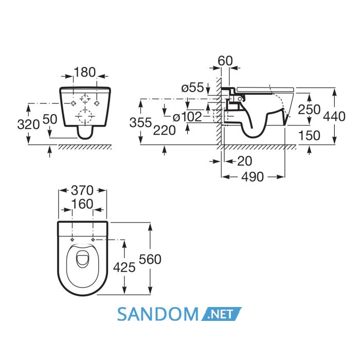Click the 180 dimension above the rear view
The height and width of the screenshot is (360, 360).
click(x=85, y=72)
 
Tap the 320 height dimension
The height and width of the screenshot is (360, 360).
click(x=28, y=125)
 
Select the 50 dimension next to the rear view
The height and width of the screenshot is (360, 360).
click(x=50, y=119)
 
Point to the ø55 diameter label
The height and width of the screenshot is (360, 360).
click(x=192, y=87)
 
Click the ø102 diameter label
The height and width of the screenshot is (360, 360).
click(x=187, y=117)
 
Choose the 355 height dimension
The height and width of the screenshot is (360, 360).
click(x=140, y=122)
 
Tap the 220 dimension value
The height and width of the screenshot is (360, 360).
click(x=165, y=131)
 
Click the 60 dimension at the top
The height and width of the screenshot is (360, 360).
click(x=225, y=61)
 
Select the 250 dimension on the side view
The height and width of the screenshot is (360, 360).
click(x=309, y=110)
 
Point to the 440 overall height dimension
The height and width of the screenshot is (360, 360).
click(x=334, y=116)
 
